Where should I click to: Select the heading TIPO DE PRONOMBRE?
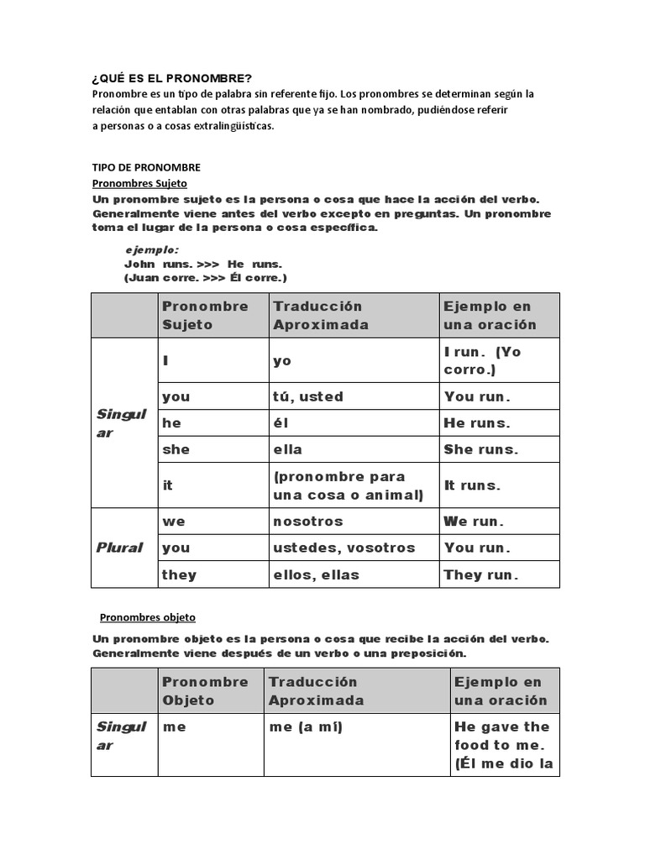click(146, 167)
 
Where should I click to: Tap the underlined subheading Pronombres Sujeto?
click(139, 182)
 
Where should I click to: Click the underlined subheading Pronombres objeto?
click(147, 617)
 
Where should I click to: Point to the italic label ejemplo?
click(152, 249)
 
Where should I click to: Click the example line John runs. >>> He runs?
click(203, 264)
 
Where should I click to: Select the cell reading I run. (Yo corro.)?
click(498, 360)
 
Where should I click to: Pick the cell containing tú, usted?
click(307, 396)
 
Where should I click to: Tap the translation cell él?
click(281, 423)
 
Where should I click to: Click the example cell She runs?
click(481, 449)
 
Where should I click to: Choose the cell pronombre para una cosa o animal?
click(345, 485)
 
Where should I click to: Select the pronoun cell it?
click(168, 485)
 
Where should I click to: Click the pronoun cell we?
click(174, 522)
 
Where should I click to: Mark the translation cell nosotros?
click(308, 522)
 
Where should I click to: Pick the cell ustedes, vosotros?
click(343, 548)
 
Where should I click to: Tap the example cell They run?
click(481, 574)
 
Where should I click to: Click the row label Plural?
click(119, 548)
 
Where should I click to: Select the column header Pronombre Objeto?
click(205, 690)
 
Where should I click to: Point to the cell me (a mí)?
click(306, 727)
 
